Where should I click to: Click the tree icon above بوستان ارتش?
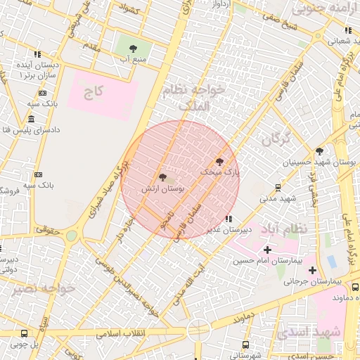click(x=163, y=178)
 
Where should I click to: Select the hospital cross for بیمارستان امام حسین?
click(x=267, y=250)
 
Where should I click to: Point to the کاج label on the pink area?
click(x=94, y=91)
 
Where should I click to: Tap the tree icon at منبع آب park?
click(x=133, y=49)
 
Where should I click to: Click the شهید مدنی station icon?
click(x=278, y=187)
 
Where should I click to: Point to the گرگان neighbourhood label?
click(x=276, y=139)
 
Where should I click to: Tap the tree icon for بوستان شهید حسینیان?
click(x=320, y=151)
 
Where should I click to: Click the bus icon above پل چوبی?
click(x=24, y=334)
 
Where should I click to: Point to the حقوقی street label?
click(x=49, y=229)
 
